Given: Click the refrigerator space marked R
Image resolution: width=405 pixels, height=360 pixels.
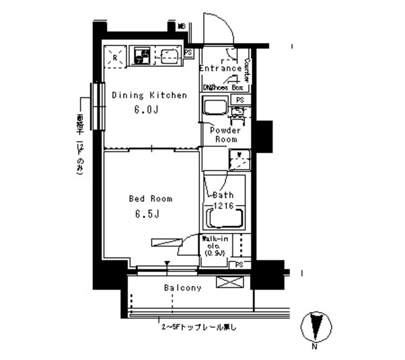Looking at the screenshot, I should tap(115, 57).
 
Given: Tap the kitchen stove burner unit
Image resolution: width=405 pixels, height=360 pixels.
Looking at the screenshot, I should tap(140, 57).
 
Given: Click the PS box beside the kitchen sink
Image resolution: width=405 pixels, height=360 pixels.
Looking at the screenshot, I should tap(189, 53).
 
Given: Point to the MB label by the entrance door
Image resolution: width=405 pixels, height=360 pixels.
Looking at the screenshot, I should tap(181, 27).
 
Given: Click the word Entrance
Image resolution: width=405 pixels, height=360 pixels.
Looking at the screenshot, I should tap(220, 68).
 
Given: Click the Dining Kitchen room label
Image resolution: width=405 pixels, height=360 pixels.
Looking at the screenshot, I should tap(149, 96).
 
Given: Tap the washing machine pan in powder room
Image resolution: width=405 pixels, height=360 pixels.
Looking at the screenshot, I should tap(239, 159).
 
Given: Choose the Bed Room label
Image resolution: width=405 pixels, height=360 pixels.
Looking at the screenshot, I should tap(150, 199).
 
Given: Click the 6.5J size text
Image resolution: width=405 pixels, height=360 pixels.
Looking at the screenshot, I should tap(145, 213).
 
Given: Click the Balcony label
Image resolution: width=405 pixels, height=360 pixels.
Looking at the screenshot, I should tap(182, 288).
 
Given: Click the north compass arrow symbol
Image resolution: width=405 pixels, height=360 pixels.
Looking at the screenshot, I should tap(315, 328).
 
